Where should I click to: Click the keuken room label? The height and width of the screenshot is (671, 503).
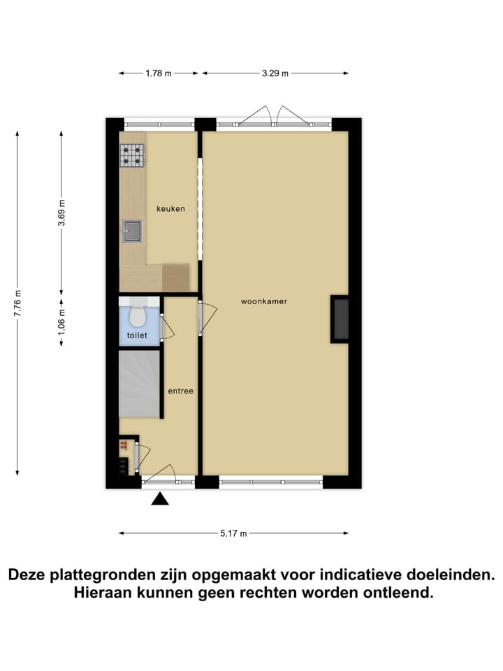[x=170, y=208]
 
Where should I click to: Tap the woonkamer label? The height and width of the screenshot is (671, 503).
[x=264, y=301]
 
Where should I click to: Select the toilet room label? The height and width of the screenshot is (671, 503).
[x=138, y=335]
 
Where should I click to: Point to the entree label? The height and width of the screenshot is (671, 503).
[x=180, y=391]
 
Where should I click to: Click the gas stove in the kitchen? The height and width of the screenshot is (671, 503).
[x=132, y=156]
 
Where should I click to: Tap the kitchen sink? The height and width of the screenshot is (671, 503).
[x=132, y=231]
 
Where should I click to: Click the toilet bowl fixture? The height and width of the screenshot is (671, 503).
[x=138, y=316]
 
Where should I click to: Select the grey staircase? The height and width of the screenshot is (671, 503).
[x=140, y=384]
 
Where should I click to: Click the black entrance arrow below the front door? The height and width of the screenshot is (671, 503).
[x=161, y=498]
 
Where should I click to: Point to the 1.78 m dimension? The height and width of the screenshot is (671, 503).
[x=159, y=73]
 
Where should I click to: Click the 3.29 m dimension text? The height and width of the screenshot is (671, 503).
[x=275, y=73]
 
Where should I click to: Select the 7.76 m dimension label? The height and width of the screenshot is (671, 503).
[x=18, y=303]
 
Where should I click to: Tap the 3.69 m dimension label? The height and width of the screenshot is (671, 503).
[x=61, y=211]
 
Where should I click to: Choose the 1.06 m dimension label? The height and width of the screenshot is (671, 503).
[x=61, y=323]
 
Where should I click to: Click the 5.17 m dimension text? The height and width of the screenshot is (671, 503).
[x=234, y=533]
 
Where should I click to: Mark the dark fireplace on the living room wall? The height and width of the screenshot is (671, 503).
[x=340, y=319]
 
